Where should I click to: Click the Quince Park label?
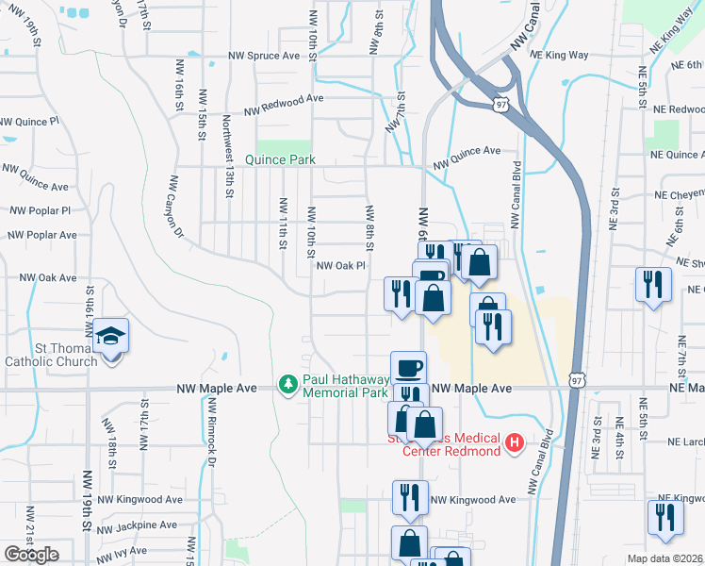[280, 159]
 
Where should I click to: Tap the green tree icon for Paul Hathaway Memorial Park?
[287, 384]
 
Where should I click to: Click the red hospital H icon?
[514, 442]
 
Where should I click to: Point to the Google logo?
[31, 555]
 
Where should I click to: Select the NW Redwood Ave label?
[287, 98]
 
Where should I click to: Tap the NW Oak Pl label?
[339, 266]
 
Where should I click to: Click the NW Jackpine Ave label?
[142, 524]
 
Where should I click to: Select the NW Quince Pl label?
[28, 123]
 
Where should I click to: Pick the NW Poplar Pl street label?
[39, 211]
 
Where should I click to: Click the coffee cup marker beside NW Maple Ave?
[408, 366]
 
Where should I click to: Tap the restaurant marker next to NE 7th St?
[652, 284]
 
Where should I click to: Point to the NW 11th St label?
[282, 224]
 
